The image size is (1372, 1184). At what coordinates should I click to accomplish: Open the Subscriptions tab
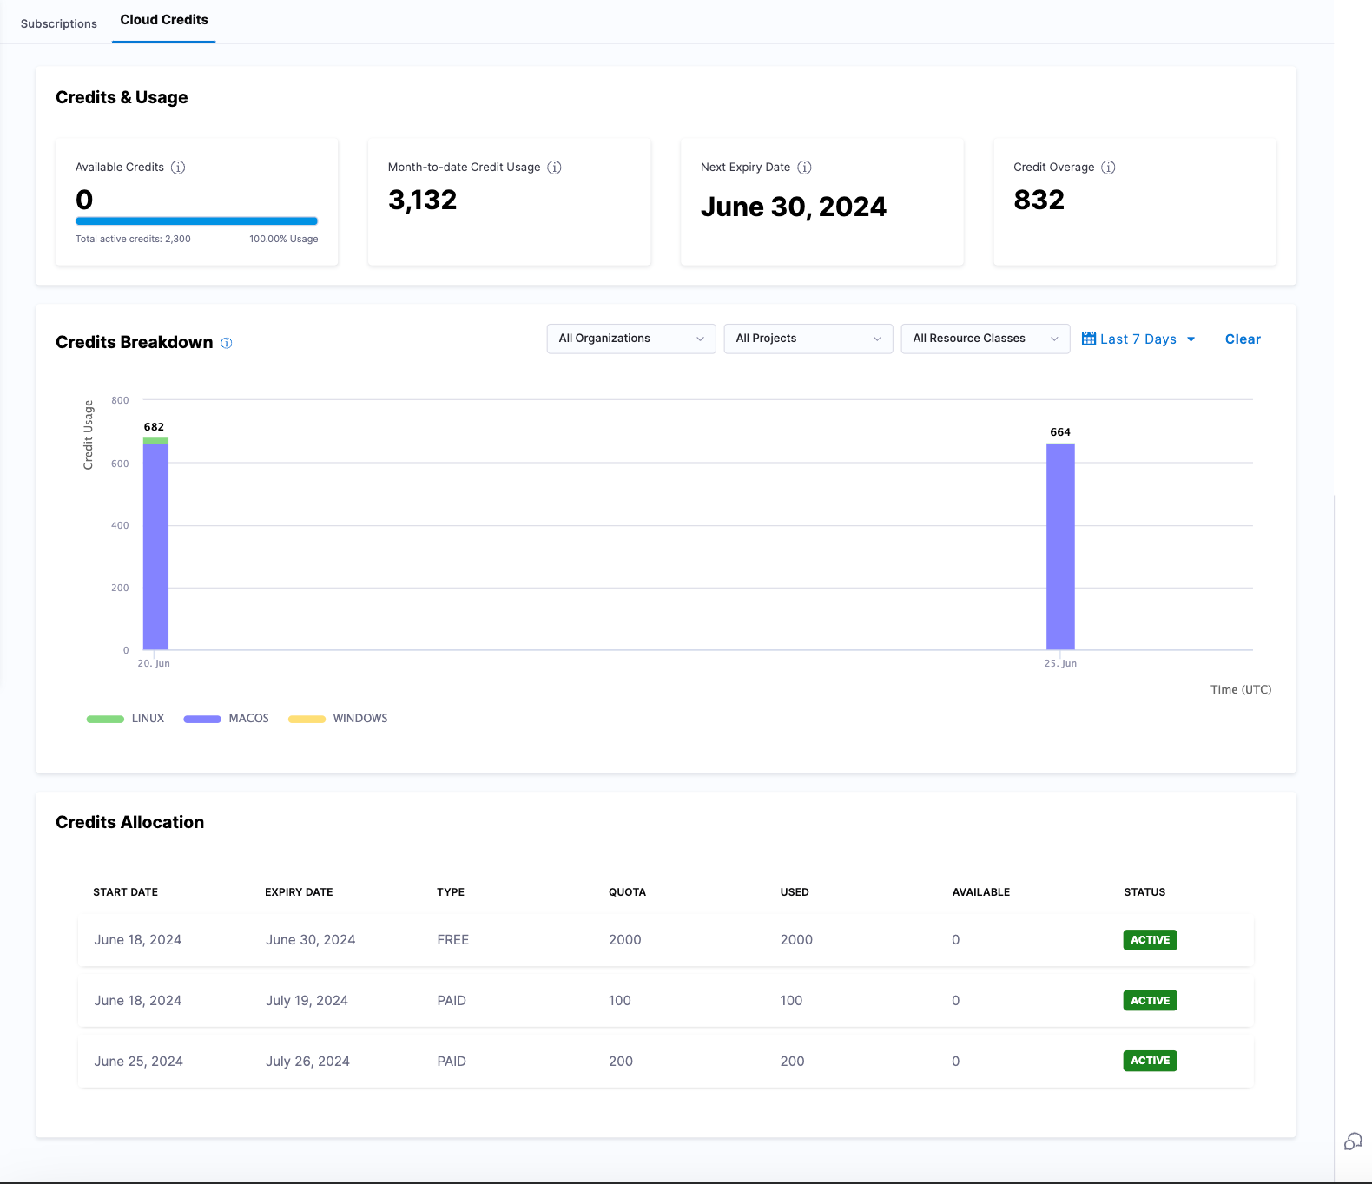(x=58, y=23)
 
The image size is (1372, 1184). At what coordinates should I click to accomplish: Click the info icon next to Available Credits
(x=178, y=168)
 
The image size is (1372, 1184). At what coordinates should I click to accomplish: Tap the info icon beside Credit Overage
(x=1108, y=168)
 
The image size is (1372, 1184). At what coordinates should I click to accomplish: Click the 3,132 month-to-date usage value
(x=422, y=201)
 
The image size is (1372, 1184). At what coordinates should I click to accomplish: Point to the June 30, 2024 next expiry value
(x=793, y=207)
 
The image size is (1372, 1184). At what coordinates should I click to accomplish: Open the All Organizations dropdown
(x=630, y=339)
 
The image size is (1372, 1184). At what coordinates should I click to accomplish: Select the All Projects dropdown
(x=808, y=339)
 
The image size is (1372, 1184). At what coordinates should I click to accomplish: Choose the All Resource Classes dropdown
(x=985, y=339)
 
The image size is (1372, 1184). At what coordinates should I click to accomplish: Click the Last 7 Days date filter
(x=1138, y=339)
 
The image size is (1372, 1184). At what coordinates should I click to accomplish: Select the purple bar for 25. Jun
(x=1060, y=547)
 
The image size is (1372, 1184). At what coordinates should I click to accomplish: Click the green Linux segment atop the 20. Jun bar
(x=155, y=441)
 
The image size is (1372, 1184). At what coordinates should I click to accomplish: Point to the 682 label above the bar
(x=154, y=427)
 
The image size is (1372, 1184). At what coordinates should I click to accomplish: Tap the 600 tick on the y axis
(x=120, y=464)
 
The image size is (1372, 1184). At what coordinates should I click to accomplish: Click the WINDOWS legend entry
(x=359, y=719)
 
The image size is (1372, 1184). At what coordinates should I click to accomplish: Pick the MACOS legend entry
(x=248, y=719)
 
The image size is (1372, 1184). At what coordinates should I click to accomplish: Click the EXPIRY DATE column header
(x=299, y=892)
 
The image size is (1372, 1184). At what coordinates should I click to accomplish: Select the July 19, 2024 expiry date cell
(x=307, y=1001)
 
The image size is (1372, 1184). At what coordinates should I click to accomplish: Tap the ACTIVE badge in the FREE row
(x=1150, y=940)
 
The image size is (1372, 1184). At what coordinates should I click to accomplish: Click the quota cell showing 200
(x=621, y=1062)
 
